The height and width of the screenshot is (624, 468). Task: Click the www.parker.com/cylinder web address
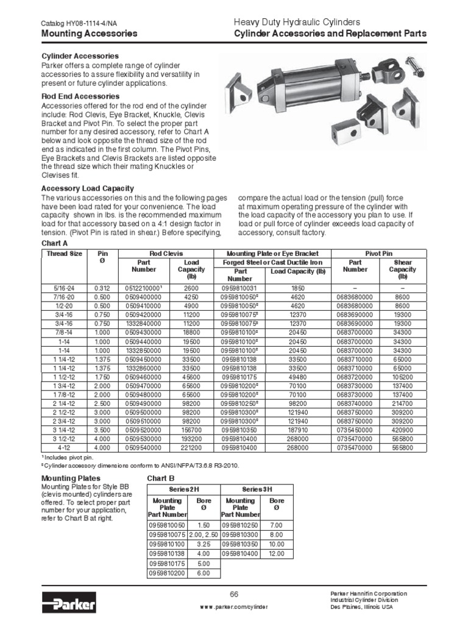tap(233, 607)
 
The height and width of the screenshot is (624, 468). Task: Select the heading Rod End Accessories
tap(80, 96)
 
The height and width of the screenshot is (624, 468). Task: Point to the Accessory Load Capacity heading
tap(87, 188)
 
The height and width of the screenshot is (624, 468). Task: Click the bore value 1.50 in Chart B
tap(204, 525)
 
